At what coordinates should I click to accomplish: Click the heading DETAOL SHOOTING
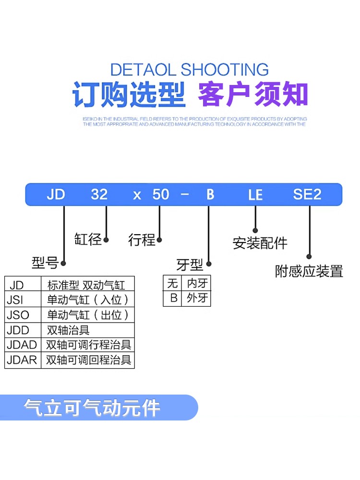(x=189, y=70)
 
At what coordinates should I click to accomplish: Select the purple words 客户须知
(x=253, y=94)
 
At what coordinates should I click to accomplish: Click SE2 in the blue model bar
(x=307, y=194)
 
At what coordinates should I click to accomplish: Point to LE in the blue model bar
(x=255, y=195)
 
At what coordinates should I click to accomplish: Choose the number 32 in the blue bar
(x=99, y=194)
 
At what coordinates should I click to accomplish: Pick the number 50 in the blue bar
(x=161, y=194)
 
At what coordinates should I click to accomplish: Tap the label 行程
(x=142, y=240)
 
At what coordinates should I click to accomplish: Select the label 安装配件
(x=260, y=243)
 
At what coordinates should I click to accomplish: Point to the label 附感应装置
(x=309, y=271)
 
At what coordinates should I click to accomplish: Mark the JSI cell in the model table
(x=16, y=300)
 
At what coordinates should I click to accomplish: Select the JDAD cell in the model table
(x=22, y=345)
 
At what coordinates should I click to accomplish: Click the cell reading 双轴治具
(x=68, y=330)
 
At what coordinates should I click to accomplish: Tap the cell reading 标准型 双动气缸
(x=86, y=285)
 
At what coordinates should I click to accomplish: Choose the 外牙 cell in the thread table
(x=197, y=298)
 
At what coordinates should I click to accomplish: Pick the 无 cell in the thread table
(x=172, y=283)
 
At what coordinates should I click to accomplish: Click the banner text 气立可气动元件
(x=92, y=408)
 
